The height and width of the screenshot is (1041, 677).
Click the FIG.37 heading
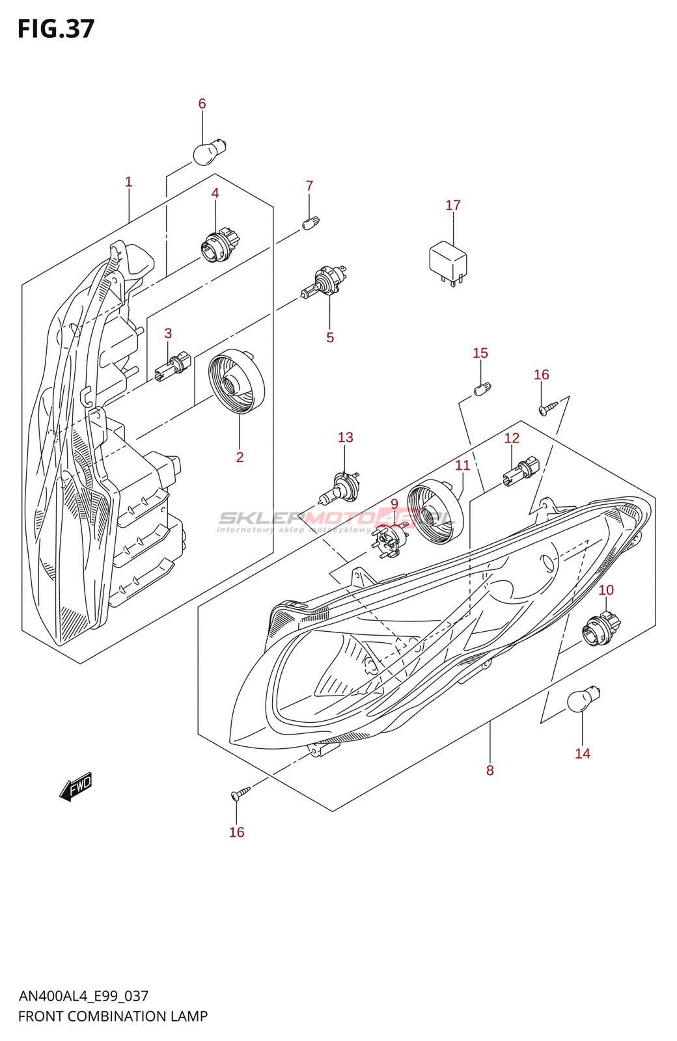(56, 29)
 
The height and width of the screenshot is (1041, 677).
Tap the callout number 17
(453, 206)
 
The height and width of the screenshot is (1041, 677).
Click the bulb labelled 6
(208, 152)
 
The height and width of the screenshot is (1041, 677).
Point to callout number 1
(129, 182)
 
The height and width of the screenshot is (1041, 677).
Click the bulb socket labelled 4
(215, 246)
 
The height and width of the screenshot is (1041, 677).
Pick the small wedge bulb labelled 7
(311, 223)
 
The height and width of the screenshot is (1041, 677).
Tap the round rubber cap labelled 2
(236, 381)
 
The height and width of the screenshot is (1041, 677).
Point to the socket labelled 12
(521, 472)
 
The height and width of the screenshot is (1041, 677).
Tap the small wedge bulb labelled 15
(482, 390)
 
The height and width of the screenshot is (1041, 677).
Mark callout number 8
(490, 771)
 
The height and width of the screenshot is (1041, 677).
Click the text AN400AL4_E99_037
(83, 996)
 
